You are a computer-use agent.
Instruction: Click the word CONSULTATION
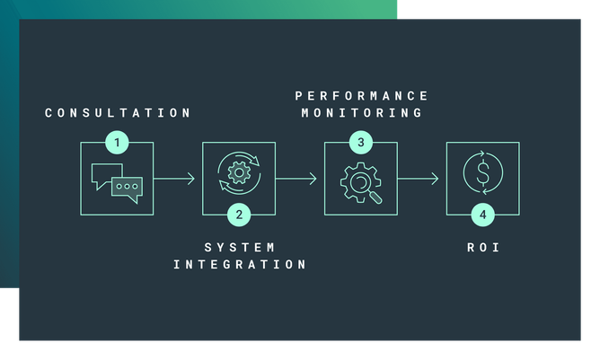(x=118, y=113)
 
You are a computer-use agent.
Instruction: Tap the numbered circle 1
(x=116, y=142)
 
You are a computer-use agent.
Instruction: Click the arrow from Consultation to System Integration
(x=174, y=179)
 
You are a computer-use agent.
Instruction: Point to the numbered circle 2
(x=239, y=215)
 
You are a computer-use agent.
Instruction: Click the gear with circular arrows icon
(x=239, y=174)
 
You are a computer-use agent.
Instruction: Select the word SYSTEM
(x=239, y=247)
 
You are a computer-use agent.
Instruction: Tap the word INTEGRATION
(x=240, y=264)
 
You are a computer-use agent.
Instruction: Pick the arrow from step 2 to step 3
(x=296, y=179)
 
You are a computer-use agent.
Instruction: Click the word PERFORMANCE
(x=362, y=95)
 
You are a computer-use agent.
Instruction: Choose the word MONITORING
(x=362, y=113)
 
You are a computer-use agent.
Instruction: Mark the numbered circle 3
(x=361, y=142)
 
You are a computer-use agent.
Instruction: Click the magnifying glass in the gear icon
(x=366, y=184)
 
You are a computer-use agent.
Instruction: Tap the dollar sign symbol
(x=483, y=174)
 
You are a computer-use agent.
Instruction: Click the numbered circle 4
(x=483, y=215)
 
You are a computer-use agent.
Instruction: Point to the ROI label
(x=483, y=247)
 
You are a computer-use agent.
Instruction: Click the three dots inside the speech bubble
(x=126, y=187)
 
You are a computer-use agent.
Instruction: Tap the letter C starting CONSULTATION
(x=49, y=113)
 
